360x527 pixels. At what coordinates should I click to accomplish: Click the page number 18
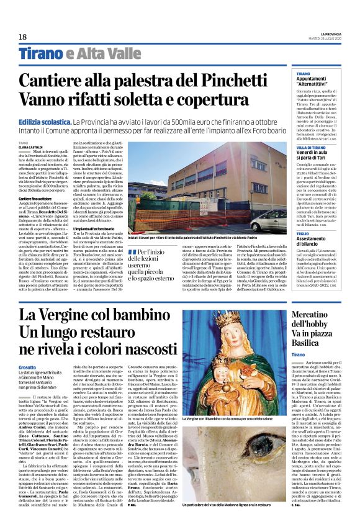[x=23, y=38]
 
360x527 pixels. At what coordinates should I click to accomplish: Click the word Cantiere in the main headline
[x=72, y=81]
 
